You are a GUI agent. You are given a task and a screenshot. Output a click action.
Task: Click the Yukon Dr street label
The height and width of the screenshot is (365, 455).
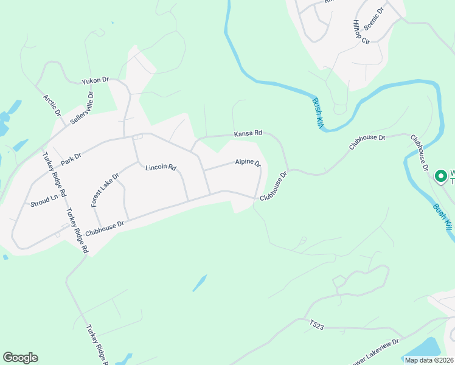[96, 80]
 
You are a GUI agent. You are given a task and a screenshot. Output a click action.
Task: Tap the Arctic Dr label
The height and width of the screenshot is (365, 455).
[52, 105]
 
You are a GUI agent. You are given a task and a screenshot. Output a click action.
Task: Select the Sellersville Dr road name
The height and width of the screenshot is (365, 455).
[83, 108]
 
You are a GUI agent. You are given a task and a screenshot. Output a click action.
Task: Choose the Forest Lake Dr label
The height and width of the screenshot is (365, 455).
[105, 190]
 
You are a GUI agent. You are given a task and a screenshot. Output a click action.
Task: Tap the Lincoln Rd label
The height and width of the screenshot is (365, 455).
[161, 167]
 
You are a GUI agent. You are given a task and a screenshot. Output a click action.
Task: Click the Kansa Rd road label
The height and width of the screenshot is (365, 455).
[248, 133]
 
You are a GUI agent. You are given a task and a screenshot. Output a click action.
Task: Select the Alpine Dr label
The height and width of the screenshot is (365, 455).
[248, 163]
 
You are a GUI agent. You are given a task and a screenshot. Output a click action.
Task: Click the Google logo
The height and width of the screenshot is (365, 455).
[20, 358]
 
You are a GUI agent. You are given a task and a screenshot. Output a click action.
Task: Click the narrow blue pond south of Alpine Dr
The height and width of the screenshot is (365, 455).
[199, 283]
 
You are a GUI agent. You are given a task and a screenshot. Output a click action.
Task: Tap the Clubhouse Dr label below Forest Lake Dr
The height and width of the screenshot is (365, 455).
[105, 228]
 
